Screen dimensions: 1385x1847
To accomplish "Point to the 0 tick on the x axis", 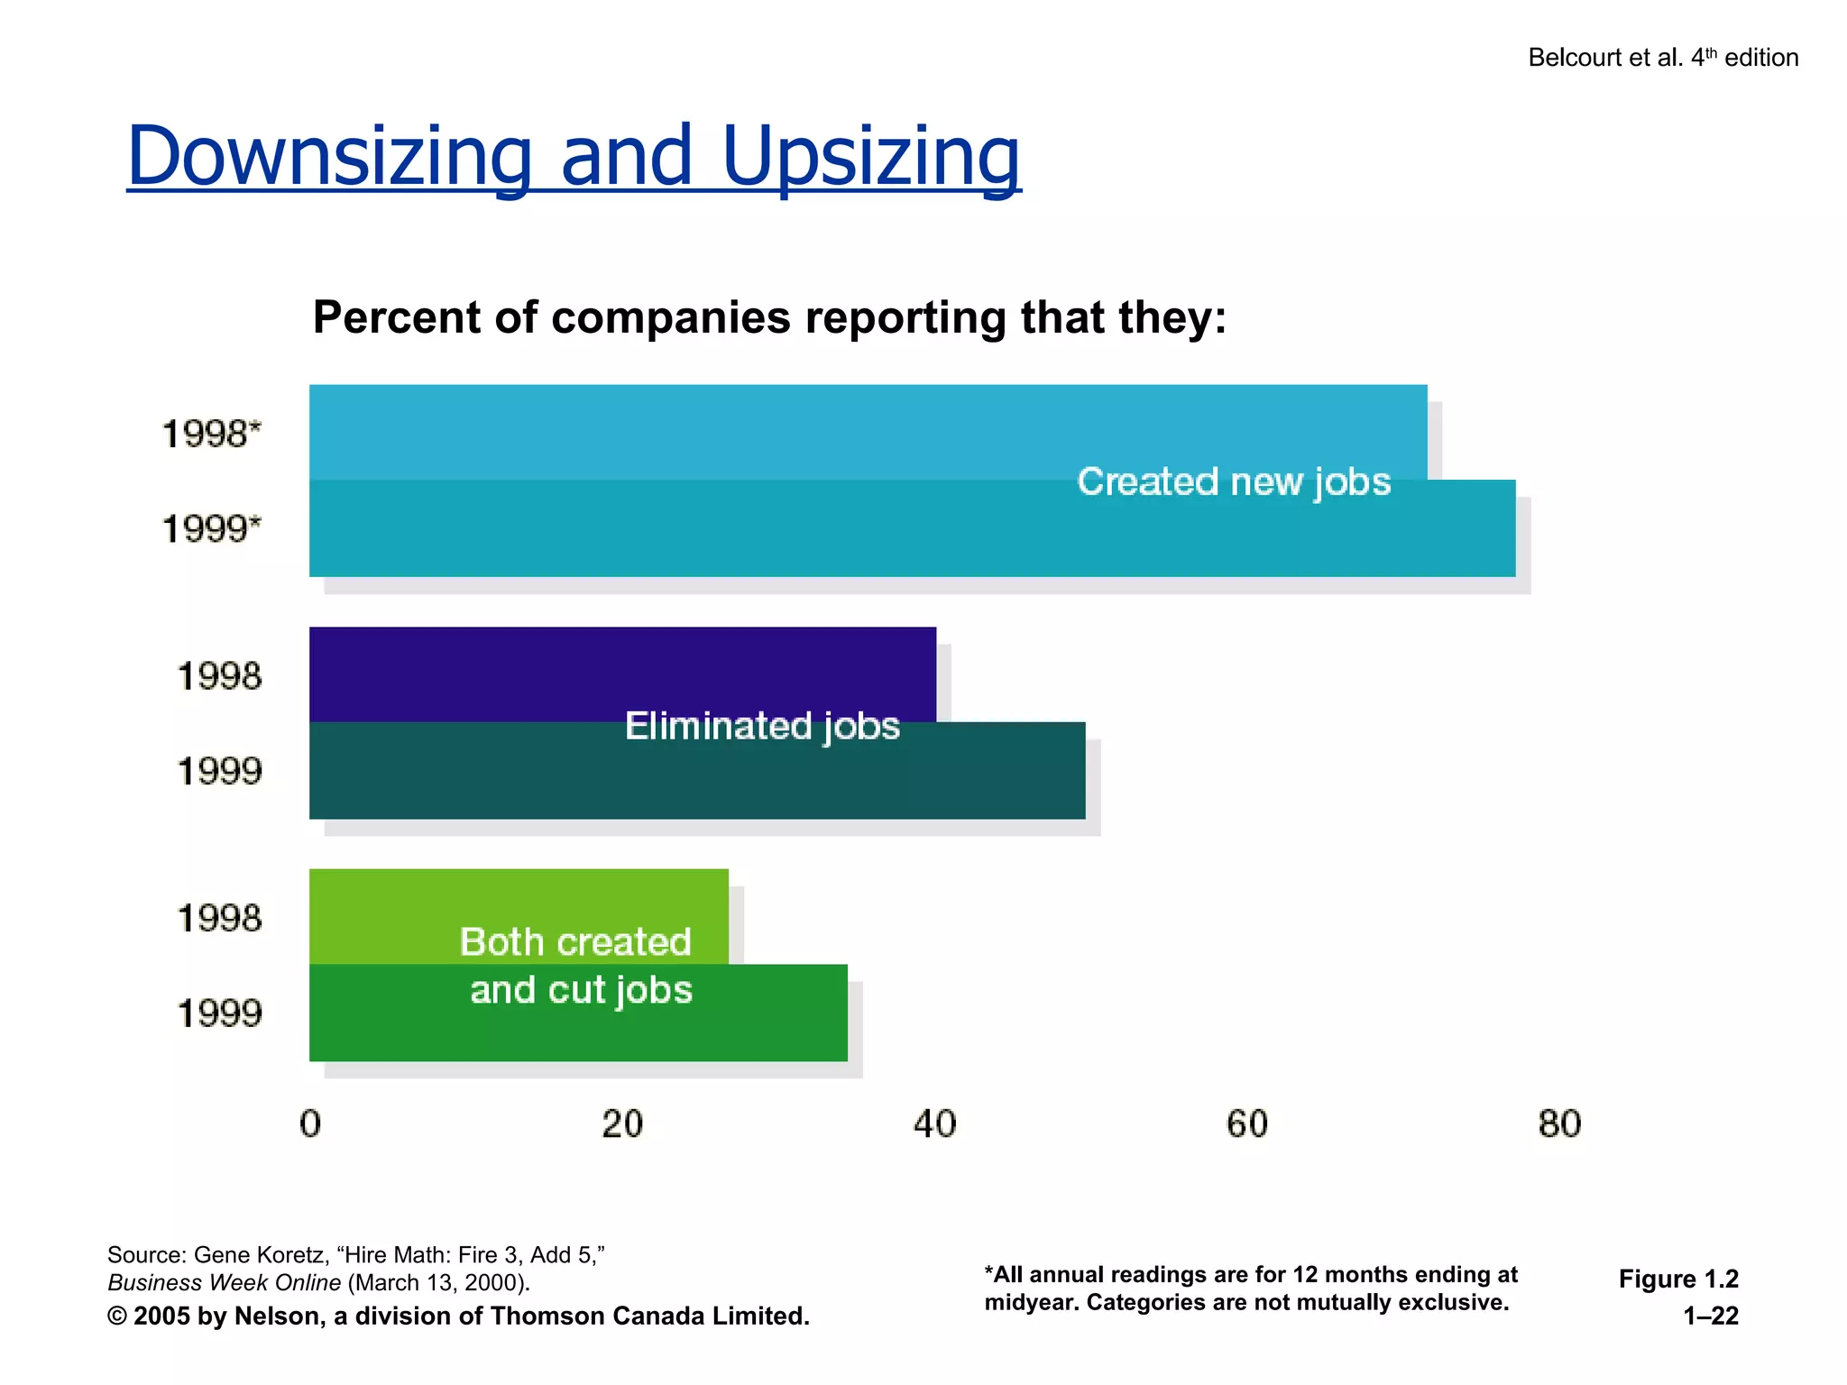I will click(x=310, y=1124).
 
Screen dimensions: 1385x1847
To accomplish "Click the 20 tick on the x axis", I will click(x=622, y=1124).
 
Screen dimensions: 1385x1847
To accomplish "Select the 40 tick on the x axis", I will click(x=935, y=1124).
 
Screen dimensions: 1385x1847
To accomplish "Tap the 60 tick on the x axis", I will click(x=1247, y=1124).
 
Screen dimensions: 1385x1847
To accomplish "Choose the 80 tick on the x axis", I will click(x=1559, y=1124).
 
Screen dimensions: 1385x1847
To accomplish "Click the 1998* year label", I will click(x=211, y=434).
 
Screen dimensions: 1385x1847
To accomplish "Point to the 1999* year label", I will click(x=211, y=528).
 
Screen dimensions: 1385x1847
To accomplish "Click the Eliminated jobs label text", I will click(x=762, y=727).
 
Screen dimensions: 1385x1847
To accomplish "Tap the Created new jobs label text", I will click(x=1234, y=482).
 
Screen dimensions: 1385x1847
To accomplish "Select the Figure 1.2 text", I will click(x=1677, y=1279).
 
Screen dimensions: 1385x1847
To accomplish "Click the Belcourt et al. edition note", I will click(x=1662, y=58).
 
